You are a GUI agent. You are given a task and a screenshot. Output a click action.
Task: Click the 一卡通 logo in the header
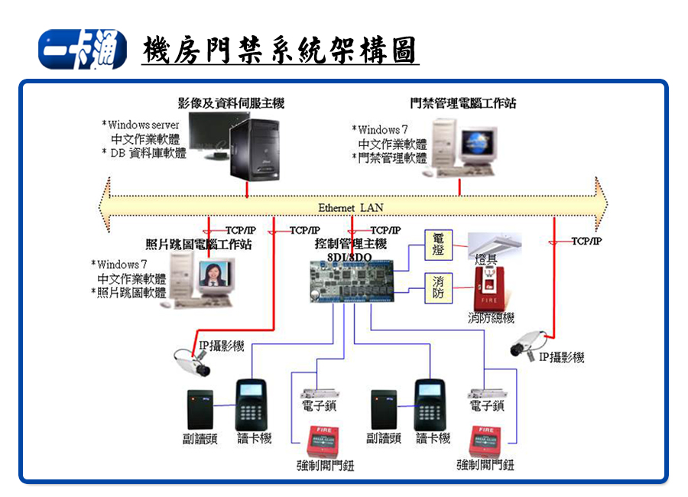[81, 50]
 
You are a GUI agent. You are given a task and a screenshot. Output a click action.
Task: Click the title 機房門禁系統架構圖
[280, 51]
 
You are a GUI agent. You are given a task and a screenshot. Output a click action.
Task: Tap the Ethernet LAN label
[351, 207]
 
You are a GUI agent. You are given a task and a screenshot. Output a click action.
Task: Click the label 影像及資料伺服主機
[231, 103]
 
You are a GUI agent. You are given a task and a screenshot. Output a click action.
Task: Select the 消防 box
[438, 287]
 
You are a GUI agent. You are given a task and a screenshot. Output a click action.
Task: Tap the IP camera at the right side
[530, 343]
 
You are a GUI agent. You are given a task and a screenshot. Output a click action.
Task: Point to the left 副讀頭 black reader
[201, 408]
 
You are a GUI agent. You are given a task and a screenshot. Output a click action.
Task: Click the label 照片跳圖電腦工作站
[198, 245]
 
